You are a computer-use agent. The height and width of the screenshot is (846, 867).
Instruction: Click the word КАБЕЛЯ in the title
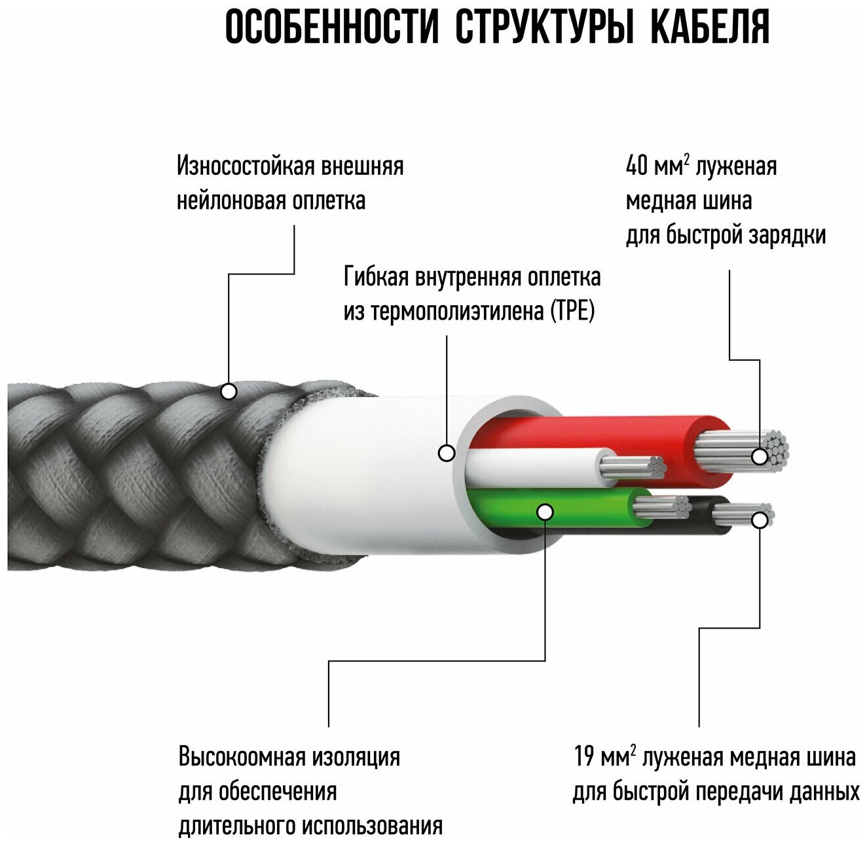(x=710, y=28)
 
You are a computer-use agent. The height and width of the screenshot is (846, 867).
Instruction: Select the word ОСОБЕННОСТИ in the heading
(x=331, y=28)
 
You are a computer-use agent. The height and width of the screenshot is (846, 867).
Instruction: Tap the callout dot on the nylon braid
(x=229, y=392)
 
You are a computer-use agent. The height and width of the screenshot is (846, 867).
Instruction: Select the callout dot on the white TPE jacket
(x=447, y=452)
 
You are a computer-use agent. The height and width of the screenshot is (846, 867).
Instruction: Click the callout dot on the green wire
(x=545, y=511)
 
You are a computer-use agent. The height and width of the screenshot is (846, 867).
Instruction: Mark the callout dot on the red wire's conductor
(x=760, y=456)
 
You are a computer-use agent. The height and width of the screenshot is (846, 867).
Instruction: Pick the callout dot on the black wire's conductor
(x=760, y=520)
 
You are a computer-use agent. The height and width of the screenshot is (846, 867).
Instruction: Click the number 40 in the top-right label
(x=636, y=166)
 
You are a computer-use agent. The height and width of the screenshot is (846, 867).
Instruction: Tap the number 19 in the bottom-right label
(x=583, y=757)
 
